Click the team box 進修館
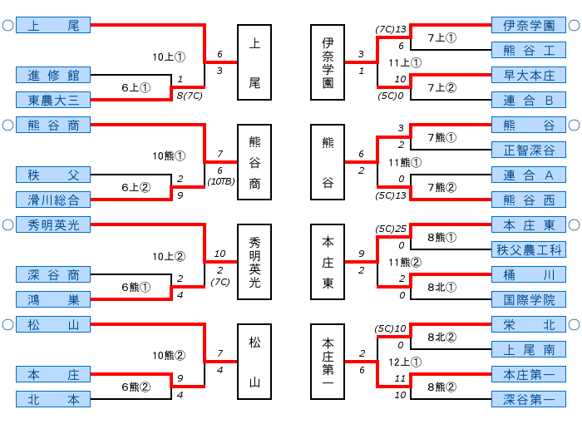point(53,76)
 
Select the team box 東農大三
point(53,100)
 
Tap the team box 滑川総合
point(53,200)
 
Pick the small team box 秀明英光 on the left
point(53,225)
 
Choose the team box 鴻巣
point(53,299)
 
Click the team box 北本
point(53,399)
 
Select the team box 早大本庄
point(529,76)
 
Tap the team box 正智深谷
point(529,150)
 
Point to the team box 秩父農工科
point(529,249)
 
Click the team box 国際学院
point(529,299)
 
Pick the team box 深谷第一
point(529,399)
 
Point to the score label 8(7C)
point(190,95)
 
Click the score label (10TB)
point(220,180)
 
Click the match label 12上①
point(405,362)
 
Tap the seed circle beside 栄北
point(574,325)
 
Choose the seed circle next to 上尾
point(7,26)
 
